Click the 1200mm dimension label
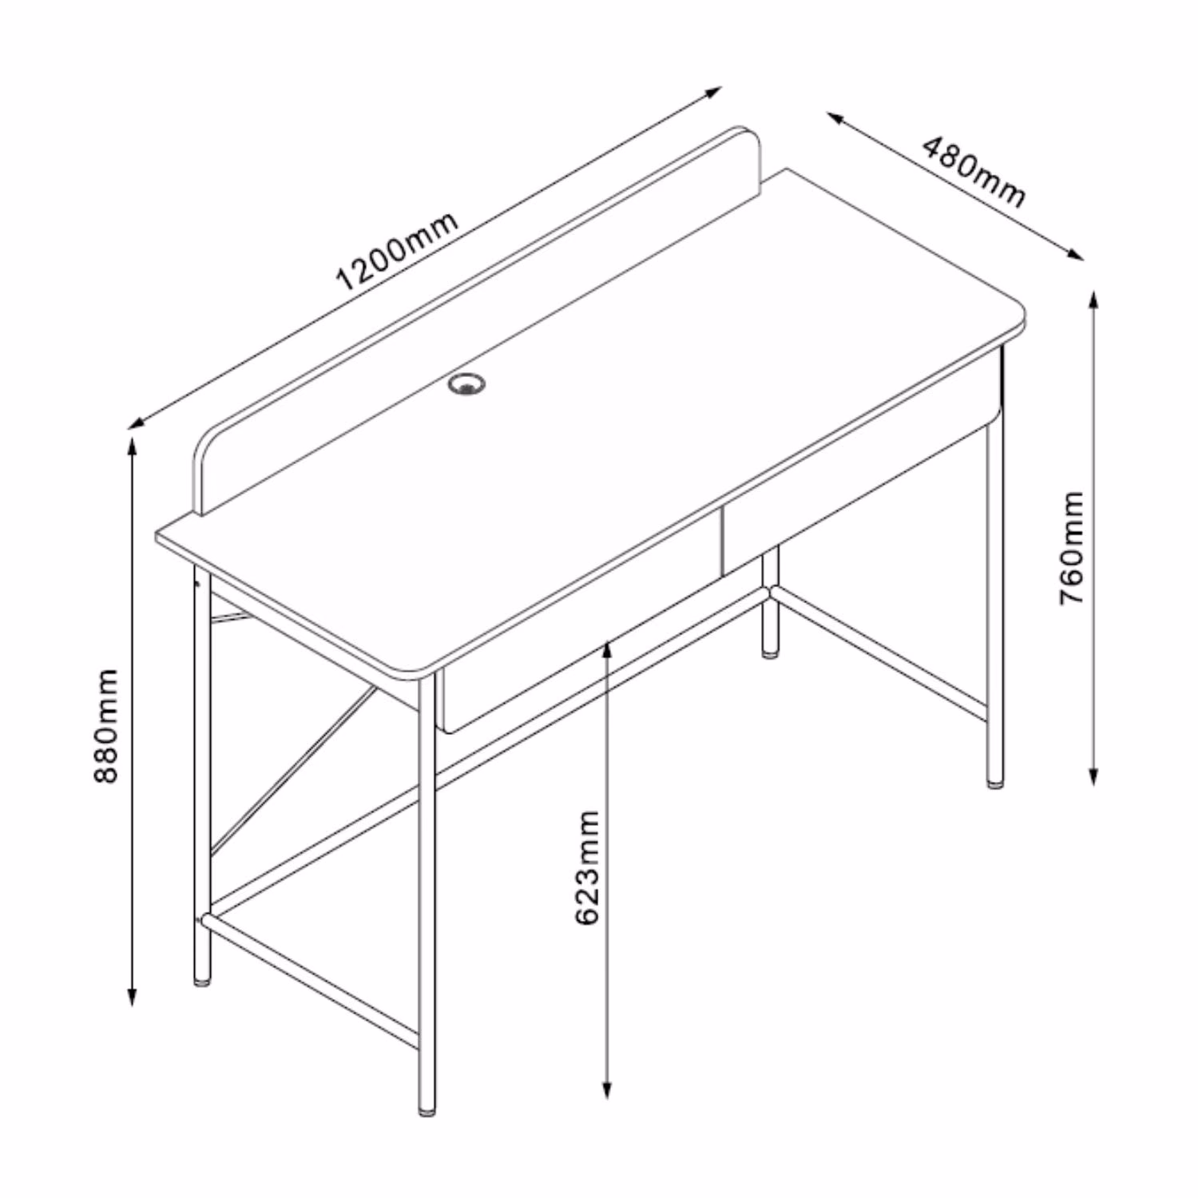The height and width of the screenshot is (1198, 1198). (x=398, y=252)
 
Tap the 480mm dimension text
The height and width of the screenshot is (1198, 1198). (x=974, y=172)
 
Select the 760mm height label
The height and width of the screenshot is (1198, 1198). (x=1072, y=547)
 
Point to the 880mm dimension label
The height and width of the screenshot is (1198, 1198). (x=105, y=726)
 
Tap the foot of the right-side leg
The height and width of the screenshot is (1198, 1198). (x=995, y=783)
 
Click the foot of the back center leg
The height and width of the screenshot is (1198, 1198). (x=771, y=651)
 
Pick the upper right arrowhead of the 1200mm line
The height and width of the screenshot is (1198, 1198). (x=713, y=92)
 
